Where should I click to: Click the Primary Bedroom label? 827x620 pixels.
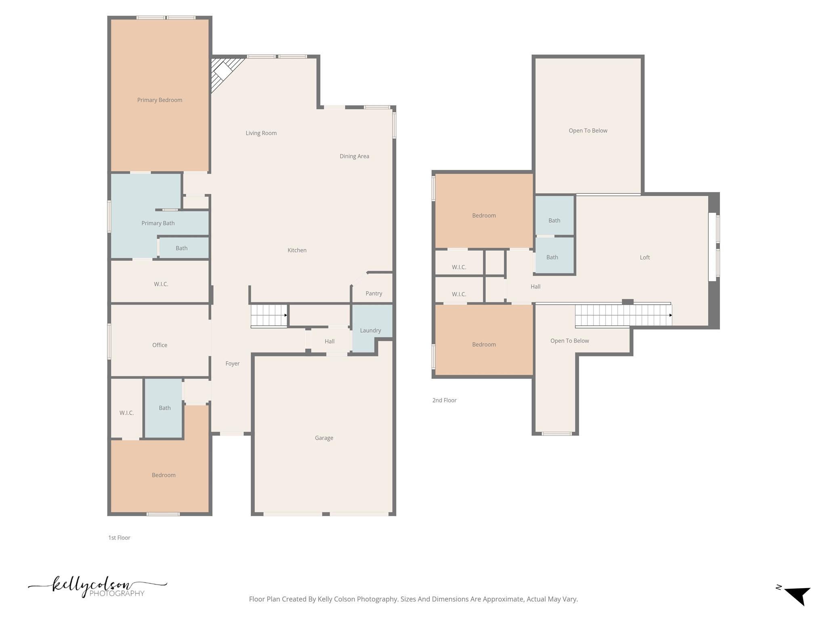pos(160,100)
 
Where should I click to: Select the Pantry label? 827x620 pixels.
pos(374,293)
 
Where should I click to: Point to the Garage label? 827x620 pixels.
pos(324,438)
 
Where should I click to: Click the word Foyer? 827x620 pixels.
pos(232,364)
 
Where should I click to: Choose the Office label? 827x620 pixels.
pos(160,345)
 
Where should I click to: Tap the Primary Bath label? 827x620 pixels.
pos(158,223)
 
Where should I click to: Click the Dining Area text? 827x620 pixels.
pos(354,156)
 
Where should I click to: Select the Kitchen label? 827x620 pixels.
pos(297,250)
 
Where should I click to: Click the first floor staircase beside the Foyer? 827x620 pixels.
pos(269,315)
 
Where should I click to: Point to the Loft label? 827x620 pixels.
pos(644,258)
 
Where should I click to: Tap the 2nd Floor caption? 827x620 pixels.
pos(444,400)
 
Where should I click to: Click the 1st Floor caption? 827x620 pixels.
pos(119,538)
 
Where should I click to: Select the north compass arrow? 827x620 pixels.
pos(797,595)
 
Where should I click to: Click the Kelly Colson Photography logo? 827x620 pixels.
pos(97,587)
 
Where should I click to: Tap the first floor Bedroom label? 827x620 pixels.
pos(164,475)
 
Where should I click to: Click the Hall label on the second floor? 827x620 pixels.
pos(535,287)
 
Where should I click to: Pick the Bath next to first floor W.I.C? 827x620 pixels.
pos(164,408)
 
